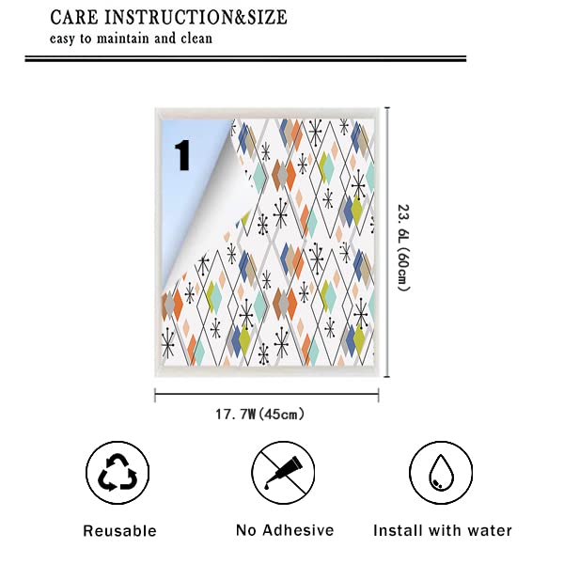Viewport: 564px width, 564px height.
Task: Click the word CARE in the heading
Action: [x=74, y=17]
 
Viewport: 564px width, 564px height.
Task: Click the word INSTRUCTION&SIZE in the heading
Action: [x=196, y=17]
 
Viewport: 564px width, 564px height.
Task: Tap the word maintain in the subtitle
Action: [x=123, y=39]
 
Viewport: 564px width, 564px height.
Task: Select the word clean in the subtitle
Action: [x=196, y=39]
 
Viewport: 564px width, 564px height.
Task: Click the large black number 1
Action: [x=182, y=155]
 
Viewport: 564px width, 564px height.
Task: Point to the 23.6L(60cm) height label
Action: [x=403, y=248]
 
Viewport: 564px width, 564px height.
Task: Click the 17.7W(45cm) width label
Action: [x=259, y=414]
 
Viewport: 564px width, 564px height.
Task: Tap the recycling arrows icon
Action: [x=117, y=472]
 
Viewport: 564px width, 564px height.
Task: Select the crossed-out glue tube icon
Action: [x=283, y=472]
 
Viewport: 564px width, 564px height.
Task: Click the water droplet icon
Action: [x=441, y=472]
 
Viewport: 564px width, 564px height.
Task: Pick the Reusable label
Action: [x=119, y=531]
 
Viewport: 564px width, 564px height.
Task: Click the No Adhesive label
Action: [x=285, y=530]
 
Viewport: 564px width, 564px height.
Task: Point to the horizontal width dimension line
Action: [x=267, y=395]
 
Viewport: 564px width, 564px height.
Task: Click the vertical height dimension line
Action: [x=387, y=243]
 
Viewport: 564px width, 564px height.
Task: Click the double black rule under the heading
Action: [x=245, y=58]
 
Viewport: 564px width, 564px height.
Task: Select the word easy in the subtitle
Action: [x=61, y=39]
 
